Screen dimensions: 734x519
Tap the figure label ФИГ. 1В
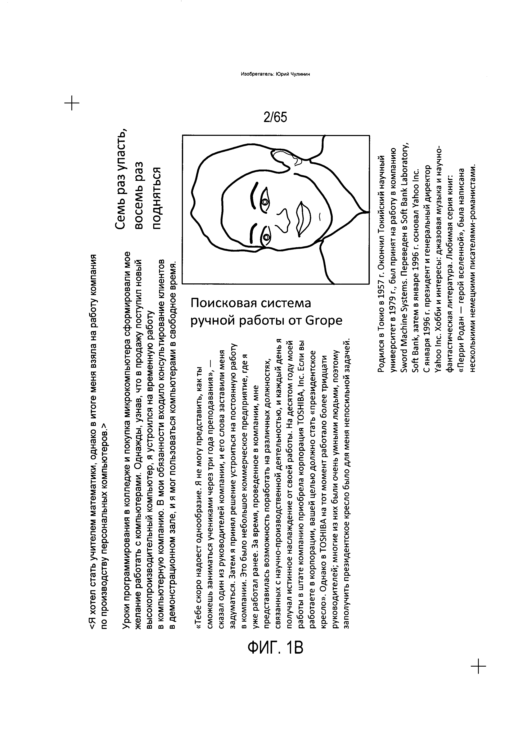pyautogui.click(x=275, y=648)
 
